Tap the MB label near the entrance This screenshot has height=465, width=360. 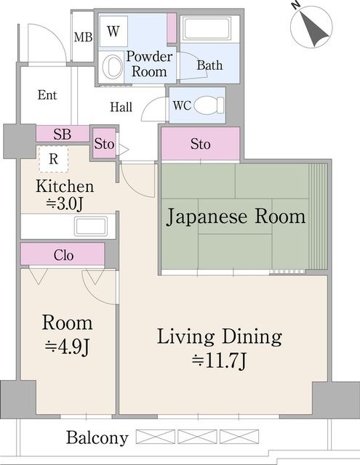pyautogui.click(x=82, y=37)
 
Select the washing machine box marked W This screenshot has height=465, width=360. pyautogui.click(x=113, y=31)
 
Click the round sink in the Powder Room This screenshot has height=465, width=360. pyautogui.click(x=113, y=68)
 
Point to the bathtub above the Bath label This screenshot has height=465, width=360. pyautogui.click(x=205, y=30)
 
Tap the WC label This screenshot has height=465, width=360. pyautogui.click(x=181, y=105)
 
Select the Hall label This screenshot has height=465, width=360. pyautogui.click(x=121, y=107)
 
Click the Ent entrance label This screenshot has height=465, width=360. pyautogui.click(x=47, y=95)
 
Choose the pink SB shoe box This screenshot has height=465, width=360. pyautogui.click(x=62, y=134)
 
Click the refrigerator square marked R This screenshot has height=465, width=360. pyautogui.click(x=53, y=158)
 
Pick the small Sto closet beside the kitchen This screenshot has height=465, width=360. pyautogui.click(x=104, y=144)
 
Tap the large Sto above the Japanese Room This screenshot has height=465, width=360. pyautogui.click(x=200, y=144)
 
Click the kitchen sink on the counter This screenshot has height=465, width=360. pyautogui.click(x=91, y=225)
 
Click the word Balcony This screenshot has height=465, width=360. pyautogui.click(x=97, y=438)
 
